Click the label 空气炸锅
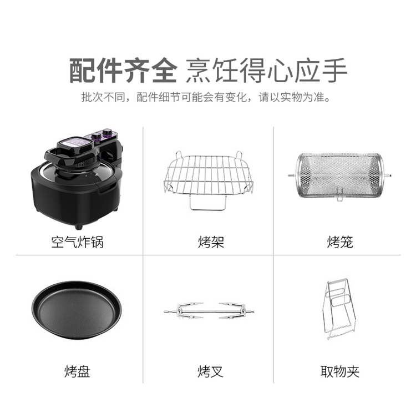click(77, 242)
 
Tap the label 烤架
click(211, 242)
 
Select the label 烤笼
click(340, 242)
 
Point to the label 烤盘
click(77, 371)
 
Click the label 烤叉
click(210, 371)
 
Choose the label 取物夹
click(340, 371)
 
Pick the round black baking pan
click(77, 310)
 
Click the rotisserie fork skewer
click(209, 310)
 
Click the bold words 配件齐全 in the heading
click(123, 70)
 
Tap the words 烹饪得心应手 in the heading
click(266, 70)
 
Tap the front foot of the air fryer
click(78, 227)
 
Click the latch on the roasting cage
click(339, 194)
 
